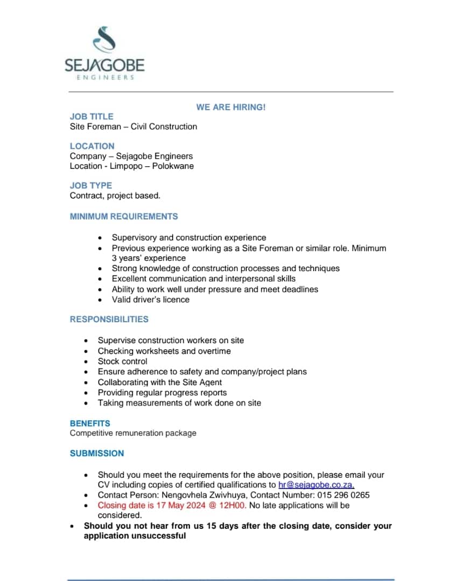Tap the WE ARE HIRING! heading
coord(230,107)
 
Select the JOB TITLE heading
coord(92,116)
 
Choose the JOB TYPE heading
coord(91,185)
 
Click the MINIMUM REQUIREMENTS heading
coord(124,216)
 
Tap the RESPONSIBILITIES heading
coord(109,319)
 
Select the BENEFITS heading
coord(90,423)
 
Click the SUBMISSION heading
coord(97,453)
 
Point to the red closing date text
coord(172,505)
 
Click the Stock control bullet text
coord(122,361)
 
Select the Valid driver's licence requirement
coord(150,300)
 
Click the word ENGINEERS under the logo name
coord(104,77)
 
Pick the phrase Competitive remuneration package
coord(133,433)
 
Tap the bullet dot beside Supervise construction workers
coord(87,341)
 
